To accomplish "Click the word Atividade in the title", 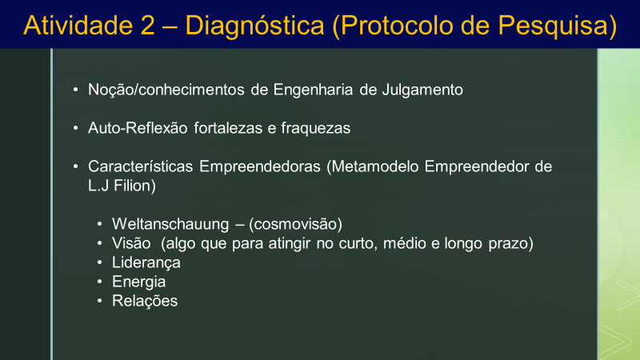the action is click(x=78, y=26).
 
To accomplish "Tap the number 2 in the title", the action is click(x=147, y=26).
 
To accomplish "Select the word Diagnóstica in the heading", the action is click(x=254, y=26).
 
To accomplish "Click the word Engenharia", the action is click(x=313, y=90).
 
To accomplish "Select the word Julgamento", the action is click(x=422, y=90).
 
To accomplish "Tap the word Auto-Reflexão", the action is click(x=138, y=128).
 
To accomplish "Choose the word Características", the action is click(x=141, y=166).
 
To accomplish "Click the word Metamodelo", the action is click(x=375, y=166).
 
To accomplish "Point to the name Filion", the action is click(x=133, y=186).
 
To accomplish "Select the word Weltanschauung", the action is click(x=170, y=225).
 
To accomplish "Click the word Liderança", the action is click(x=146, y=263).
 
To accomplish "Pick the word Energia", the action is click(x=138, y=282).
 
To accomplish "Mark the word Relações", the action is click(x=145, y=302).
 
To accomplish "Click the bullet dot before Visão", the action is click(x=99, y=244).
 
